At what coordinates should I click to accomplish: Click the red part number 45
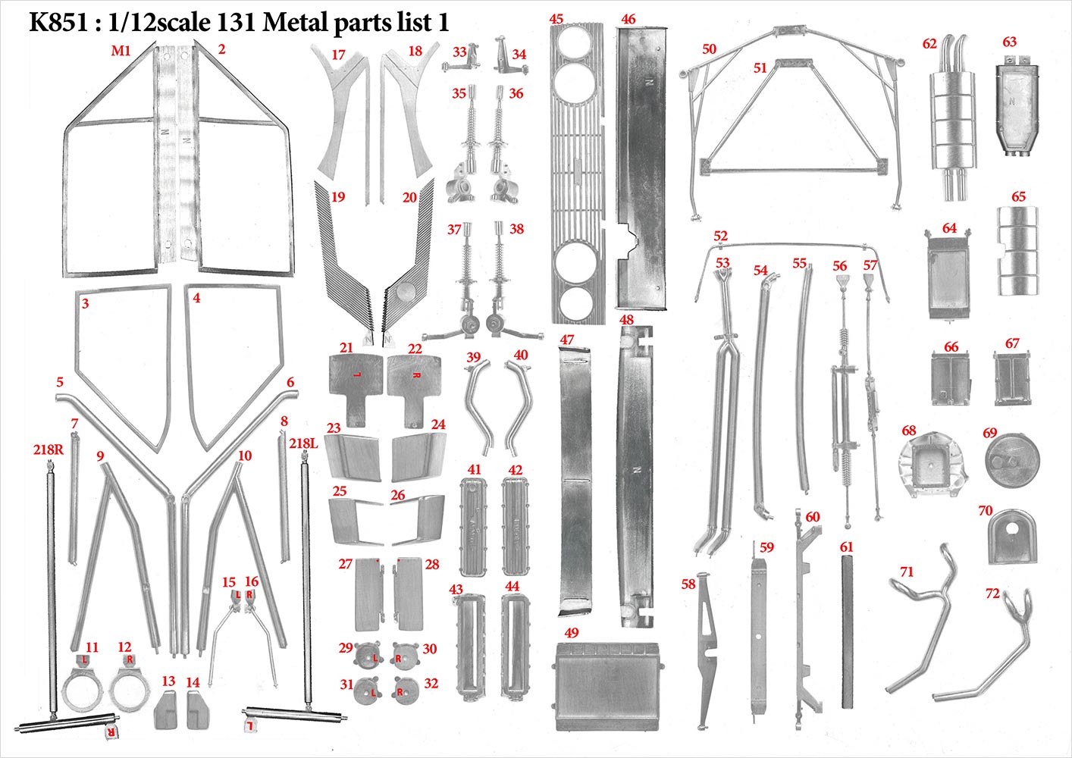point(556,19)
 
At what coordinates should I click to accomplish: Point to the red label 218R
point(49,449)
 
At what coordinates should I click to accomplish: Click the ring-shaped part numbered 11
point(82,686)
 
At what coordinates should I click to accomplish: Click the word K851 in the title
point(59,23)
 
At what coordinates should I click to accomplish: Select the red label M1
point(121,50)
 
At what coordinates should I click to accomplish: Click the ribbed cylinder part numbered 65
point(1018,251)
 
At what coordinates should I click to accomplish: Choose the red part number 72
point(992,594)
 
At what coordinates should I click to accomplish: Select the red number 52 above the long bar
point(720,236)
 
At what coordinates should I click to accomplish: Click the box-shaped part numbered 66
point(951,378)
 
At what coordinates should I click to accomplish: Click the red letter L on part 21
point(356,374)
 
